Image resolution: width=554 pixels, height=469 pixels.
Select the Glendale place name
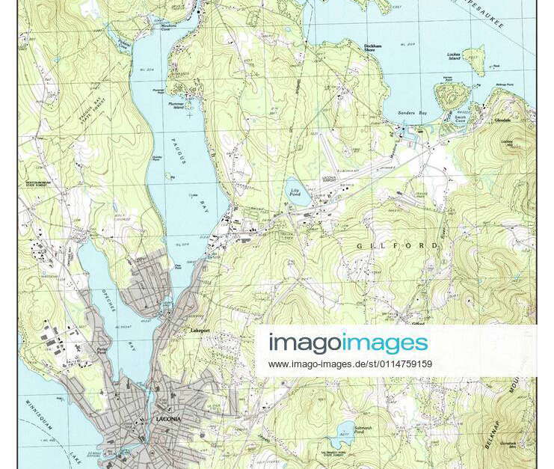502,120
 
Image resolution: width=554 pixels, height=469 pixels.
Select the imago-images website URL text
350,364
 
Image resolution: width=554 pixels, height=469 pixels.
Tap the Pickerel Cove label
123,43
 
